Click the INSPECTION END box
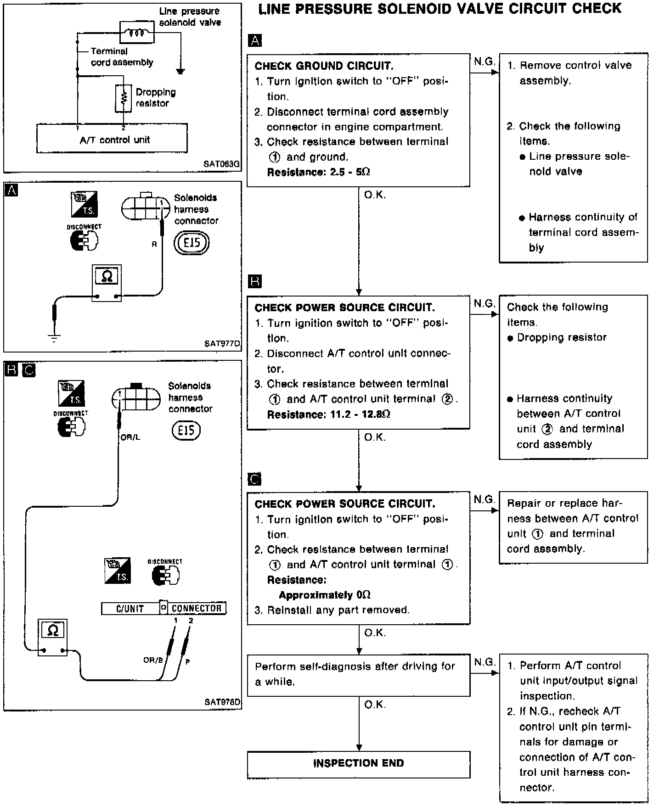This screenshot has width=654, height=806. [358, 764]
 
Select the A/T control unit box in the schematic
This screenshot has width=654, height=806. [112, 138]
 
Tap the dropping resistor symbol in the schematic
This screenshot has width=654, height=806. [123, 98]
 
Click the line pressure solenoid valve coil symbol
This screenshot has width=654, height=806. [137, 33]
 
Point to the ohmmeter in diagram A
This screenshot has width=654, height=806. [107, 283]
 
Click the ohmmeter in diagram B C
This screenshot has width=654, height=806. [53, 637]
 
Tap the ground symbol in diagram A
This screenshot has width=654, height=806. [54, 339]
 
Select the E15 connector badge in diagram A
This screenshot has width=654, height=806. [192, 242]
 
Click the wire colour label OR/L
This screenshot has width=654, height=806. [130, 437]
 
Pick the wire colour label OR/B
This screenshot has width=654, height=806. [153, 660]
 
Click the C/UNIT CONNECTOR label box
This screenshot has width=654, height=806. [163, 608]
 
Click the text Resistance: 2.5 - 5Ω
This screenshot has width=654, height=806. [318, 172]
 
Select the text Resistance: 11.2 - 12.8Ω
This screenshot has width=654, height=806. [328, 414]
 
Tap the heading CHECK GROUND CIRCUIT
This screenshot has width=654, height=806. [324, 66]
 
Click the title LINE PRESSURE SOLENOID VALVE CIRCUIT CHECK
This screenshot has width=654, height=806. [440, 9]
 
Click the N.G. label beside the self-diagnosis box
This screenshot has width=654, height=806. [484, 662]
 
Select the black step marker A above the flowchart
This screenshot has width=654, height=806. [254, 40]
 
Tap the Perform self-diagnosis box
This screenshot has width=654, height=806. [358, 674]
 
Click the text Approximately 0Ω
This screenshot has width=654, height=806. [325, 595]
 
